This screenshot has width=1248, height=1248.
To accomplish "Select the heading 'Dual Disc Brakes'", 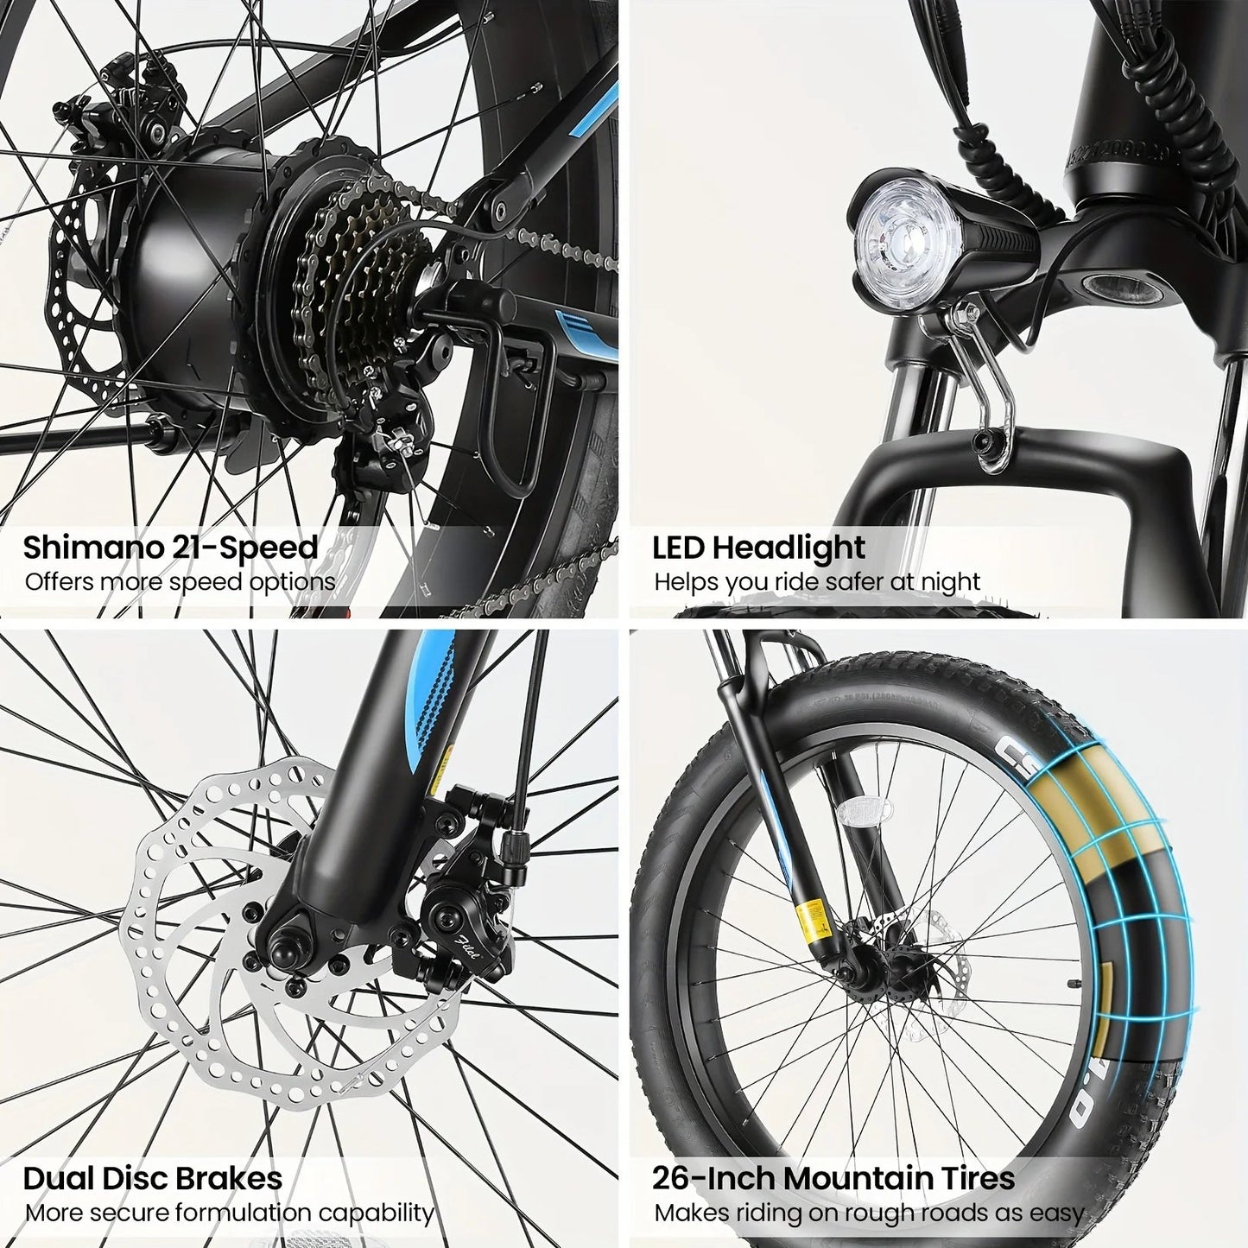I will pyautogui.click(x=152, y=1178).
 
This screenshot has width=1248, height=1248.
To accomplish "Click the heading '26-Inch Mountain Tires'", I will pyautogui.click(x=833, y=1178).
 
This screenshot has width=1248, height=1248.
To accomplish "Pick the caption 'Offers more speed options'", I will pyautogui.click(x=180, y=581).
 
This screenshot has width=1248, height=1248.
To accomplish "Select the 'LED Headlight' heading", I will pyautogui.click(x=758, y=548).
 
